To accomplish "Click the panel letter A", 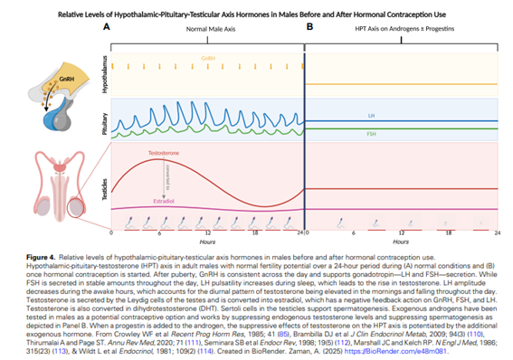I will [107, 28].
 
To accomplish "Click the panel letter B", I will [309, 28].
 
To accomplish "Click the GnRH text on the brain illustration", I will [65, 79].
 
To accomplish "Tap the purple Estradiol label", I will [165, 201].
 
